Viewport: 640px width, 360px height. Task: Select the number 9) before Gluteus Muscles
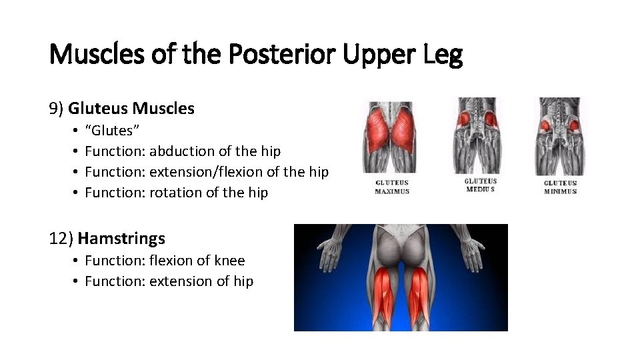[57, 108]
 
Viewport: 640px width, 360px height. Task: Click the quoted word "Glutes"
[112, 131]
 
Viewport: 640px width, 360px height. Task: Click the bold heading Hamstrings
[121, 238]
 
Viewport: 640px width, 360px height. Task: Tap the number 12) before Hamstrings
[62, 238]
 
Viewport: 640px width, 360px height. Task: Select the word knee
[228, 261]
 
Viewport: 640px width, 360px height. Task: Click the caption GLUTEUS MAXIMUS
[392, 187]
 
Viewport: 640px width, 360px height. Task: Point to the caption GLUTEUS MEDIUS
[480, 185]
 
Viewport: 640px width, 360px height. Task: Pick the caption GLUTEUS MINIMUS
[560, 187]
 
